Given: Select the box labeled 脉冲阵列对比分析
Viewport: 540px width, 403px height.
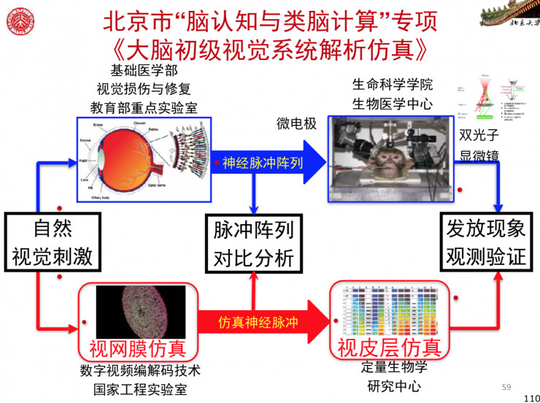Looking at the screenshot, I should pos(253,243).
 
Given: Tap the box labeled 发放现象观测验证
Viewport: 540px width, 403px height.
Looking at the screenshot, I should pos(486,242).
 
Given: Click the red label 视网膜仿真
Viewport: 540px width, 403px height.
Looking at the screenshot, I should pos(138,348).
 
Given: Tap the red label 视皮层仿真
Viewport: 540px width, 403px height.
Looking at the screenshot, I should pos(389,348).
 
